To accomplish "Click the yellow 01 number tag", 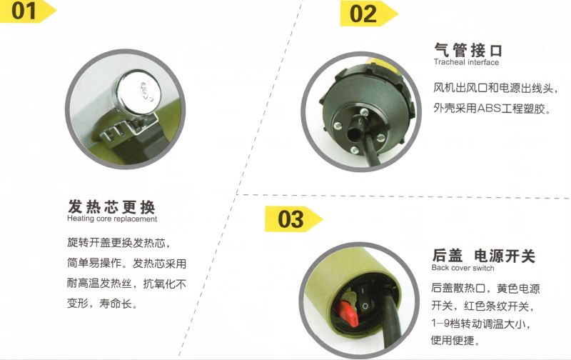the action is pos(27,11).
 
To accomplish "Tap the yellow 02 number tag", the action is pos(368,14).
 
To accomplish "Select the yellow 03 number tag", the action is pos(293,219).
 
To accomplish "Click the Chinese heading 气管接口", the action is pos(468,50).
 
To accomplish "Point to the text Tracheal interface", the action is pos(466,62).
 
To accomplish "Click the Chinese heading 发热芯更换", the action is pos(111,207).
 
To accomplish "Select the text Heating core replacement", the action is pos(112,219).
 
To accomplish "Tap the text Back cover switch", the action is pos(463,268).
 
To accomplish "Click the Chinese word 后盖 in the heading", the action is pos(448,256).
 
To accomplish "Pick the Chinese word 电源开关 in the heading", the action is pos(505,256).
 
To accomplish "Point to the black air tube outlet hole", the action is pos(353,134).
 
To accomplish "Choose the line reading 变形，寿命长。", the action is pos(102,303).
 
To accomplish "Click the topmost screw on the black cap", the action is pos(364,113).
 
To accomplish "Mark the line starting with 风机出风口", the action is pos(495,88).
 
